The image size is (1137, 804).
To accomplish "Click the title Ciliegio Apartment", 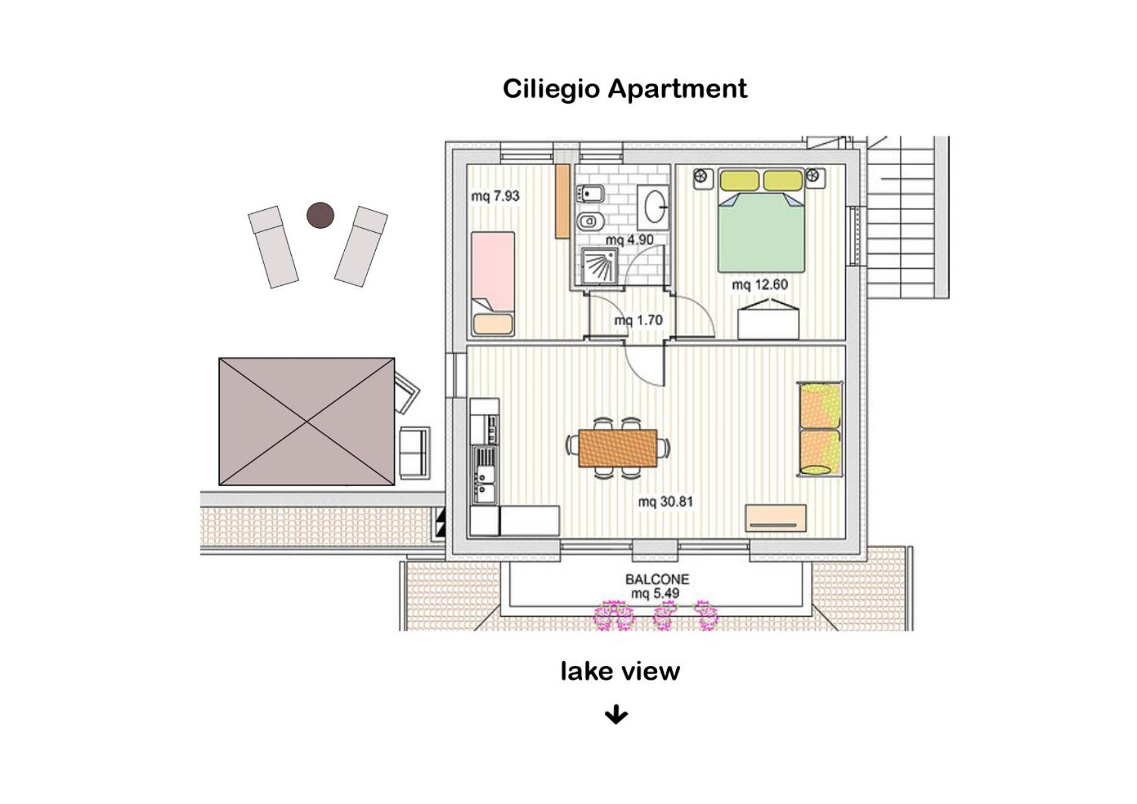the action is click(x=625, y=89).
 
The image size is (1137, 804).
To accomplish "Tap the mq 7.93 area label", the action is click(x=495, y=196).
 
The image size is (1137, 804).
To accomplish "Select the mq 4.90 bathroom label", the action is click(x=629, y=240).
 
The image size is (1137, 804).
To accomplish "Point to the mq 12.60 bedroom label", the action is click(x=760, y=284).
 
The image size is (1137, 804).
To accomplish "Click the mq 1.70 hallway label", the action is click(x=639, y=320).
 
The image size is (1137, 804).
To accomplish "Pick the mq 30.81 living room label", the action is click(x=666, y=501).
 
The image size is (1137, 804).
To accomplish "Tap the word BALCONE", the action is click(x=657, y=579).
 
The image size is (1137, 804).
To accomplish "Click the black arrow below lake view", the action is click(x=616, y=715).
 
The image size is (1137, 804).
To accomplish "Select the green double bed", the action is click(x=761, y=220).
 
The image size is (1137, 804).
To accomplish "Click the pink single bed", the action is click(x=493, y=284).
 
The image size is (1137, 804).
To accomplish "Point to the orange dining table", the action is click(x=618, y=448).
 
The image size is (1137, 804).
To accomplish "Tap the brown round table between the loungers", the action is click(x=320, y=215).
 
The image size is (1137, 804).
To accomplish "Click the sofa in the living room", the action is click(x=820, y=430).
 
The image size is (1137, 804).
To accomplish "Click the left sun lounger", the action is click(x=273, y=246).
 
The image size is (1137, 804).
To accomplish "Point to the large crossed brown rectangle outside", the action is click(x=307, y=421).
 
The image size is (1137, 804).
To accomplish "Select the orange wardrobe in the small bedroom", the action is click(x=562, y=200).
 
